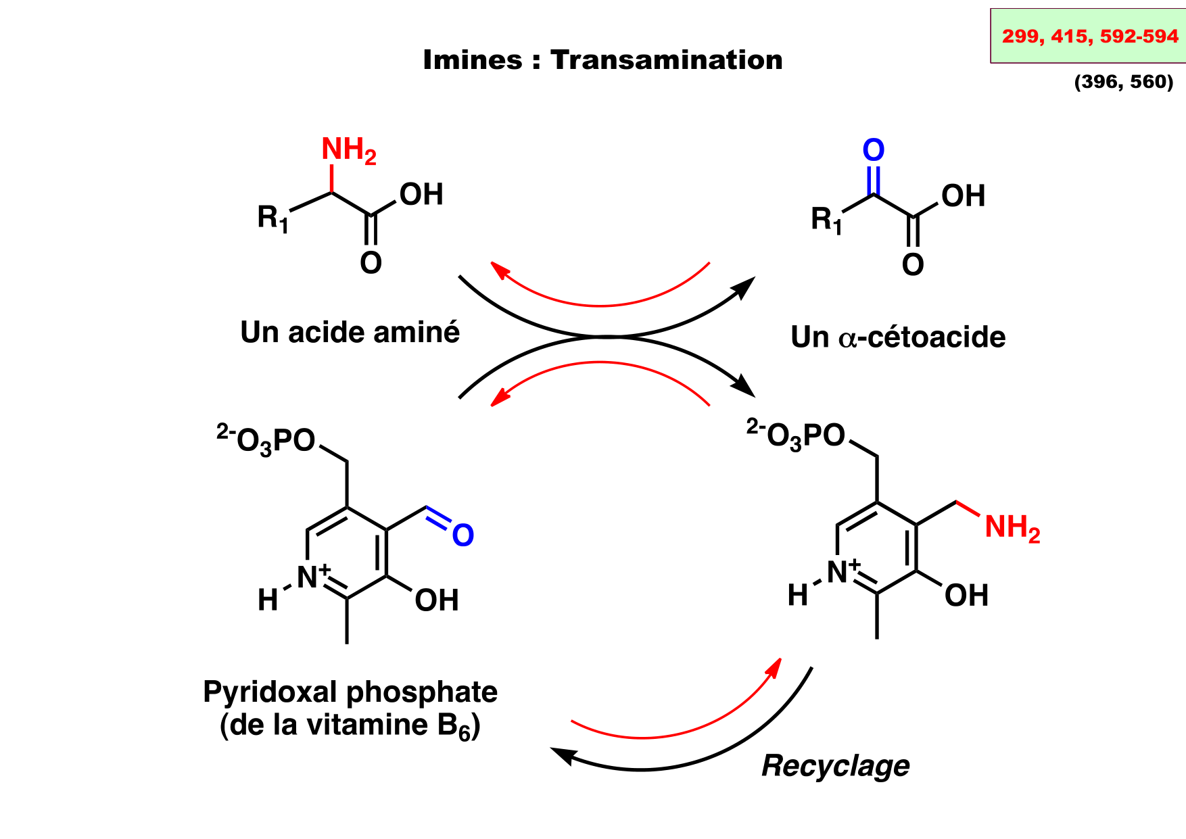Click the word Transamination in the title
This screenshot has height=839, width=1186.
coord(666,60)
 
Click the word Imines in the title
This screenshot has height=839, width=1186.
coord(472,60)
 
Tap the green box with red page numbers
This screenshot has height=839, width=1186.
coord(1089,36)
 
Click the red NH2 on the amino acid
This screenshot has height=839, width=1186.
coord(348,150)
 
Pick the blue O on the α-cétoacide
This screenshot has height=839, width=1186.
coord(874,150)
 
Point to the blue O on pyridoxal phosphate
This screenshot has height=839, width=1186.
coord(463,535)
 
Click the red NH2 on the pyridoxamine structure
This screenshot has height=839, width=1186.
coord(1012,528)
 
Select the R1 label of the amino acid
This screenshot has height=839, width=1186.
coord(272,218)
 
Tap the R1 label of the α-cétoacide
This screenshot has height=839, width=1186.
coord(826,220)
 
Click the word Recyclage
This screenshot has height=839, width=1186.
coord(835,765)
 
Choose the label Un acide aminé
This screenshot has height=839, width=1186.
coord(350,332)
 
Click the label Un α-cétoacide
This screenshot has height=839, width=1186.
coord(898,337)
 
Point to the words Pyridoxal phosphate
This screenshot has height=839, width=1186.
coord(350,692)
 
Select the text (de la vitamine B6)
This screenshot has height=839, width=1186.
coord(350,725)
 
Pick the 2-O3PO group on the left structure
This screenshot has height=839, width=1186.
coord(266,440)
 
